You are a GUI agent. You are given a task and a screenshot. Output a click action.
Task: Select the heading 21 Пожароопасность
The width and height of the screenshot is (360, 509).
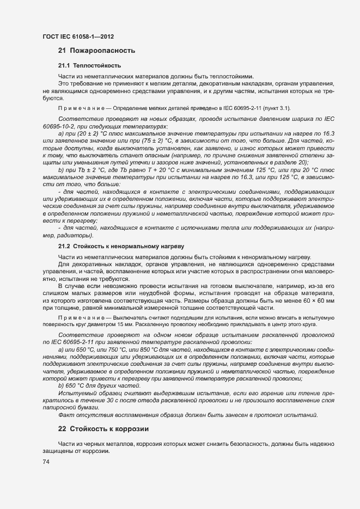pos(97,51)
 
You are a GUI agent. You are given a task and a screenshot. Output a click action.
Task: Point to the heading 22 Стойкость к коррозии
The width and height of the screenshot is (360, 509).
pos(103,429)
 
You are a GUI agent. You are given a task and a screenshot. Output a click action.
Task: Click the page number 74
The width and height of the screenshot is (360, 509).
pos(46,462)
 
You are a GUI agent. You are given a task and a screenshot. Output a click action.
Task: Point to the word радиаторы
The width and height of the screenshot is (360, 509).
pos(74,236)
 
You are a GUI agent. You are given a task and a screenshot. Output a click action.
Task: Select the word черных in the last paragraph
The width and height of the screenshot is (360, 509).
pos(102,444)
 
